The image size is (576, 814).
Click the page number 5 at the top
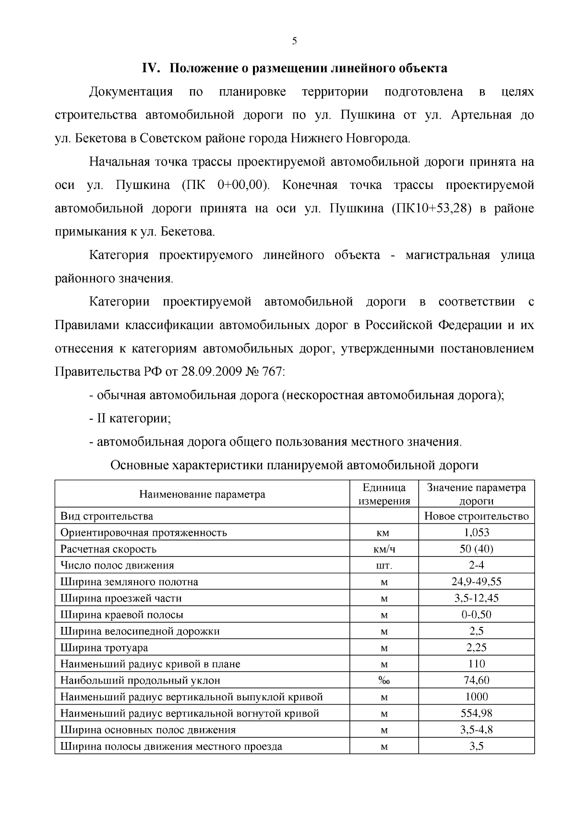[x=294, y=41]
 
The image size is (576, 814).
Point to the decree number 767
[x=272, y=372]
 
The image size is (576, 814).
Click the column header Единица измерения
[x=384, y=494]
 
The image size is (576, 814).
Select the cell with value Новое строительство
[x=476, y=516]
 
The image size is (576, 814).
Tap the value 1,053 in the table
[x=476, y=532]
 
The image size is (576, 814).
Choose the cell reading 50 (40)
[x=476, y=549]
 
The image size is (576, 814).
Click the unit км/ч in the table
[x=384, y=549]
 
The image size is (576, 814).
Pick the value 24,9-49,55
[x=476, y=582]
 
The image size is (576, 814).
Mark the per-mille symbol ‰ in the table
[x=384, y=681]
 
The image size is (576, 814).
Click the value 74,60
[x=476, y=680]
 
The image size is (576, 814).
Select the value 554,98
[x=476, y=713]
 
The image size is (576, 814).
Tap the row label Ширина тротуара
[x=104, y=648]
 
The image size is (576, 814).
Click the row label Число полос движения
[x=117, y=566]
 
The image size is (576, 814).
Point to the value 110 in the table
[x=476, y=664]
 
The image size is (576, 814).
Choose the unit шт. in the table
[x=384, y=566]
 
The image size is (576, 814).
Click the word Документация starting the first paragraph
[x=131, y=92]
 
